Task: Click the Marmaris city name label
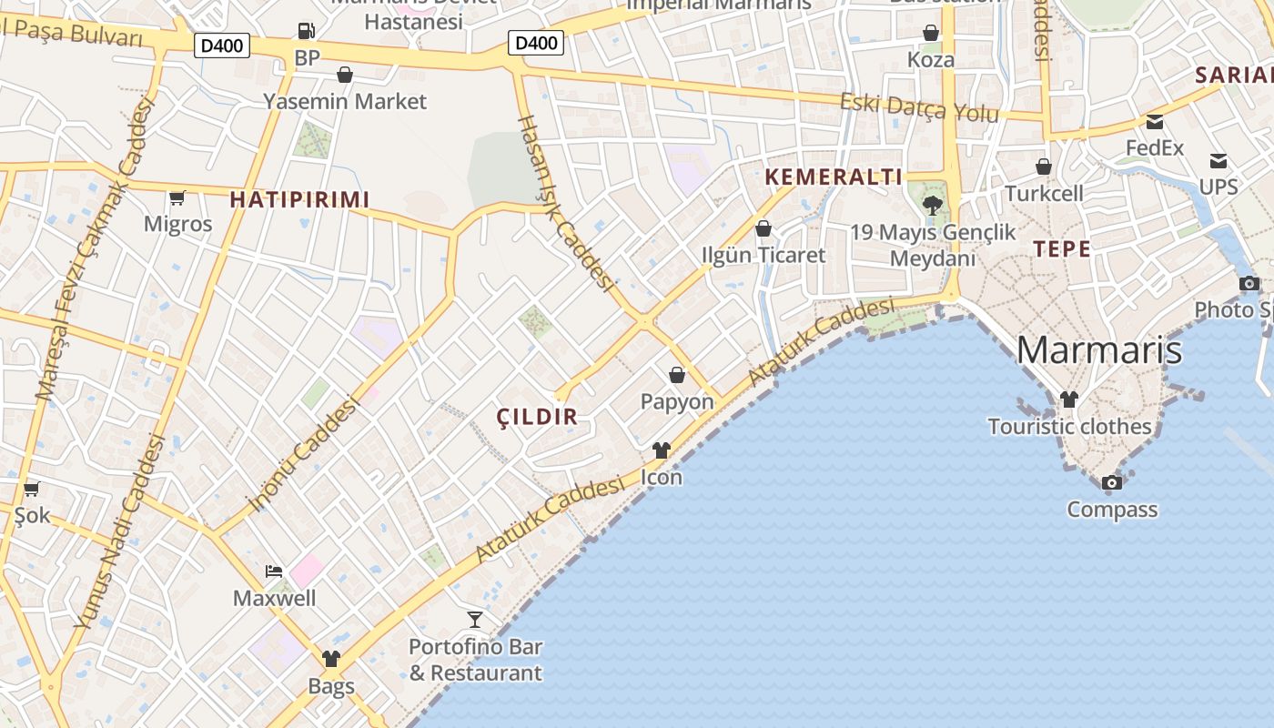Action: coord(1098,350)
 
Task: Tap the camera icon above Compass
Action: coord(1112,482)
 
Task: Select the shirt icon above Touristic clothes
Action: coord(1068,399)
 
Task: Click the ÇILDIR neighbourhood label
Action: coord(537,417)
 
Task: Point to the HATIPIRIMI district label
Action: coord(299,199)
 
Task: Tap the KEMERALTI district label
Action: coord(834,177)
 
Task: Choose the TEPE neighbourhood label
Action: coord(1061,248)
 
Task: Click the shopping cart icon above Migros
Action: coord(177,197)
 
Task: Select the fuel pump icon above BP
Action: coord(307,31)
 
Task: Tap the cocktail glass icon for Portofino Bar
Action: coord(475,620)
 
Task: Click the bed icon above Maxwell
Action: coord(274,571)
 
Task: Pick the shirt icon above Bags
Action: coord(331,659)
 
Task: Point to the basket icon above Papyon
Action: coord(677,374)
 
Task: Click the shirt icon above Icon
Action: coord(662,450)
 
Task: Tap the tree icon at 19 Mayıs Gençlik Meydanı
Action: coord(932,205)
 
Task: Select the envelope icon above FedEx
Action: coord(1155,122)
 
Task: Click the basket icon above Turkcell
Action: coord(1044,167)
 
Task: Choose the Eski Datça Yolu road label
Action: coord(919,106)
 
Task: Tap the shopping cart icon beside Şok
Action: coord(32,490)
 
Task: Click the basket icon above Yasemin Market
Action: coord(345,74)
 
